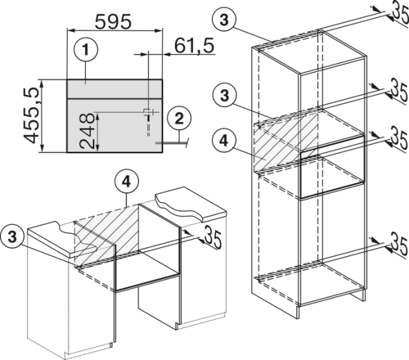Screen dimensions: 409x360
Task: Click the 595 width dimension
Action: [113, 21]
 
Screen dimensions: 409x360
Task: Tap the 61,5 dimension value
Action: [194, 46]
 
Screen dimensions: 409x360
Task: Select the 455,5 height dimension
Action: [32, 116]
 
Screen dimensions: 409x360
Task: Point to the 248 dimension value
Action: [87, 131]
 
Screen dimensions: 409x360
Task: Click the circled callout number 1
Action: [86, 50]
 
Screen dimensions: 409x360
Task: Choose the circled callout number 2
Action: [179, 119]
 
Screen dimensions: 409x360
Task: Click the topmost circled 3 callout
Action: [224, 20]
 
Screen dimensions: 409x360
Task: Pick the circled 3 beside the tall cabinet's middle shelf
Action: [224, 96]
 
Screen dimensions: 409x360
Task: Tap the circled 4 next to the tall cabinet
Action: [223, 141]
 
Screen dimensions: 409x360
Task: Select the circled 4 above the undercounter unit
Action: [127, 182]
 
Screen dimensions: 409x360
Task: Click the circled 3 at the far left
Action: [12, 237]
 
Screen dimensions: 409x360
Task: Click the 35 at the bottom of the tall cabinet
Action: [400, 243]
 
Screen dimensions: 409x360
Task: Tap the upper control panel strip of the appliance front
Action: [115, 89]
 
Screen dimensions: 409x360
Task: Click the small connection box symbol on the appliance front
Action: [147, 111]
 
